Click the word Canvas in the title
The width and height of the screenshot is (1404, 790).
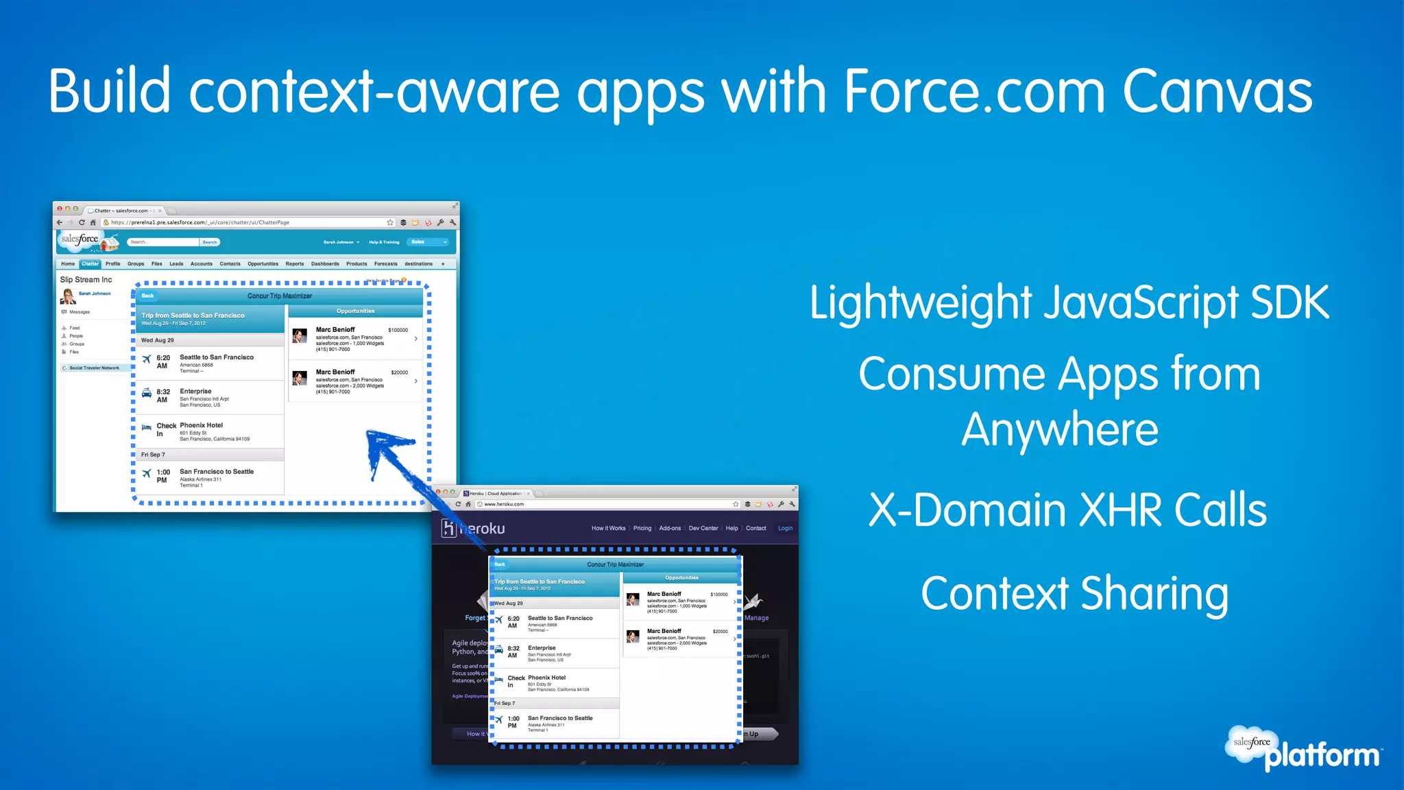click(x=1217, y=93)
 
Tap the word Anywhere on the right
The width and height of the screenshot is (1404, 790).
click(x=1060, y=430)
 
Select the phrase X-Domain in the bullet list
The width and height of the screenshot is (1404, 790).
click(x=967, y=511)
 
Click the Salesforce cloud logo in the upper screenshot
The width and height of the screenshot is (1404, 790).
click(x=87, y=241)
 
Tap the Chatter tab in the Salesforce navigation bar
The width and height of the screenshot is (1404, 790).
click(x=90, y=264)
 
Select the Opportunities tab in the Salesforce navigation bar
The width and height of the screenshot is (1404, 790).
click(x=263, y=264)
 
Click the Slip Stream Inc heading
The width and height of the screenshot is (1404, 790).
click(x=86, y=280)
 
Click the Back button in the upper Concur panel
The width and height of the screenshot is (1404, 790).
click(x=147, y=296)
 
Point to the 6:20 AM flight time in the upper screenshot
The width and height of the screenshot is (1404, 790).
click(x=162, y=361)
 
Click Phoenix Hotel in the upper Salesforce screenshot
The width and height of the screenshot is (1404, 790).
click(x=201, y=425)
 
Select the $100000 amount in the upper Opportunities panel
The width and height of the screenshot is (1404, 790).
click(x=398, y=330)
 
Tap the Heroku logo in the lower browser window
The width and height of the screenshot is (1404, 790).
click(x=473, y=528)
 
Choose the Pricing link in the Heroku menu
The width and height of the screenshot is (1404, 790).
click(x=642, y=528)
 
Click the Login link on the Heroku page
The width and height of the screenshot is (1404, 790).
click(x=785, y=528)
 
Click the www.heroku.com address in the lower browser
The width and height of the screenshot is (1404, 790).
click(x=504, y=504)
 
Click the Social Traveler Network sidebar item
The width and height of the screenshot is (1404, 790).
click(x=94, y=368)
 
